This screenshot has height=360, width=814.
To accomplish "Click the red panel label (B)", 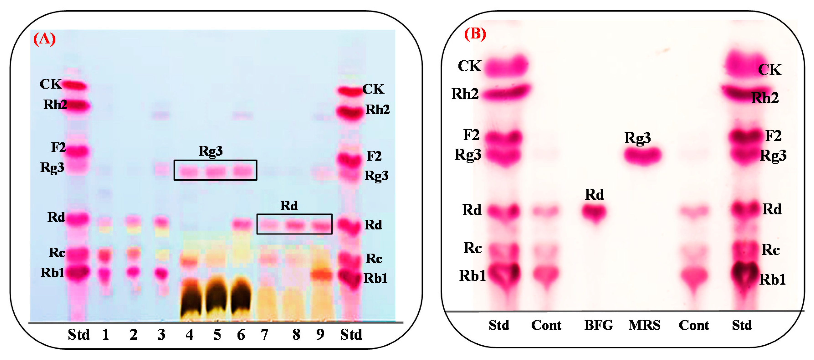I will point(475,33).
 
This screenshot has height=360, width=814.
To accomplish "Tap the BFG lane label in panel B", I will point(598,325).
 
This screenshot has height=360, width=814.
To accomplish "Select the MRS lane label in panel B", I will point(644,325).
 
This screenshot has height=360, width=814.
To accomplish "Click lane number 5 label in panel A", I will point(217,334).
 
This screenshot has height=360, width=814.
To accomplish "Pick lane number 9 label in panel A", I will point(320,334).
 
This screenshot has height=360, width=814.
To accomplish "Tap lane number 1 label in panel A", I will point(105,334).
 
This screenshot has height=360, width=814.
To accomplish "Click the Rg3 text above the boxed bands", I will point(210,151).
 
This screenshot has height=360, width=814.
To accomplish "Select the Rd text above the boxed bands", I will point(289,206).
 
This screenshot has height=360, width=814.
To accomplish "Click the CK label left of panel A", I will point(51,84).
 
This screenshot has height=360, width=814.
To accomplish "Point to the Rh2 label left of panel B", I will point(465,94).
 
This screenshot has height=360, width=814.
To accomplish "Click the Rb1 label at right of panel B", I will point(772,279).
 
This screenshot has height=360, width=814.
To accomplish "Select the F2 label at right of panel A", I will point(374,156).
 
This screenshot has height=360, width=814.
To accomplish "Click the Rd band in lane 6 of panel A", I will point(242,224).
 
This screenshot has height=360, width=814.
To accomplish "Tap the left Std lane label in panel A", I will point(79,334).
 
